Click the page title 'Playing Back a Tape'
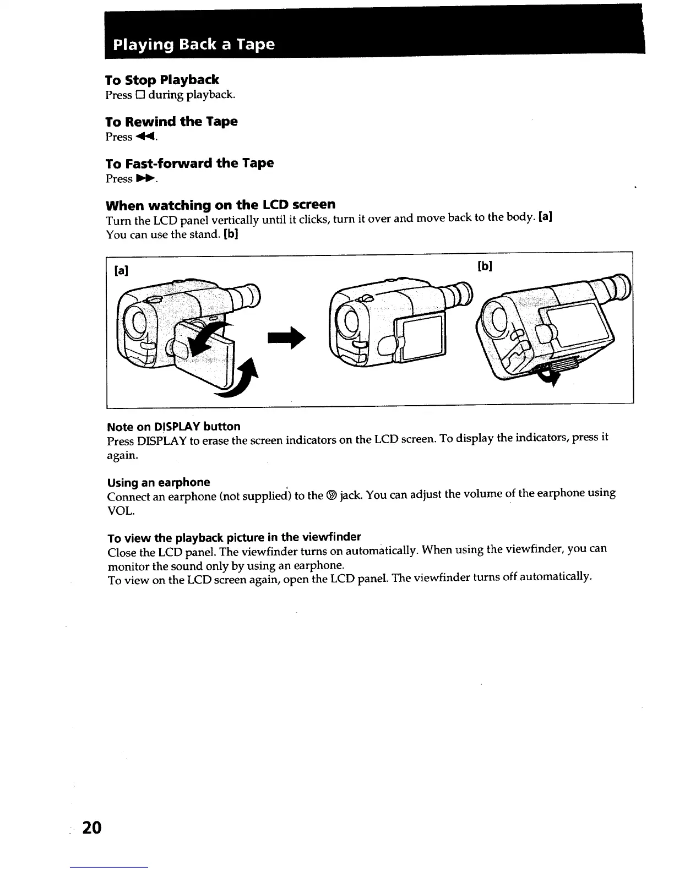tap(193, 45)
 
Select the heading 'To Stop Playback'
tap(162, 80)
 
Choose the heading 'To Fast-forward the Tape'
tap(189, 163)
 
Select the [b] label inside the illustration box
tap(484, 266)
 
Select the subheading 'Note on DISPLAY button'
tap(173, 427)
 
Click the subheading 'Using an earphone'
tap(159, 483)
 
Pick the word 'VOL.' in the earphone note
tap(121, 511)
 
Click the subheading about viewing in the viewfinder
tap(234, 537)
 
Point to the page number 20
tap(92, 828)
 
